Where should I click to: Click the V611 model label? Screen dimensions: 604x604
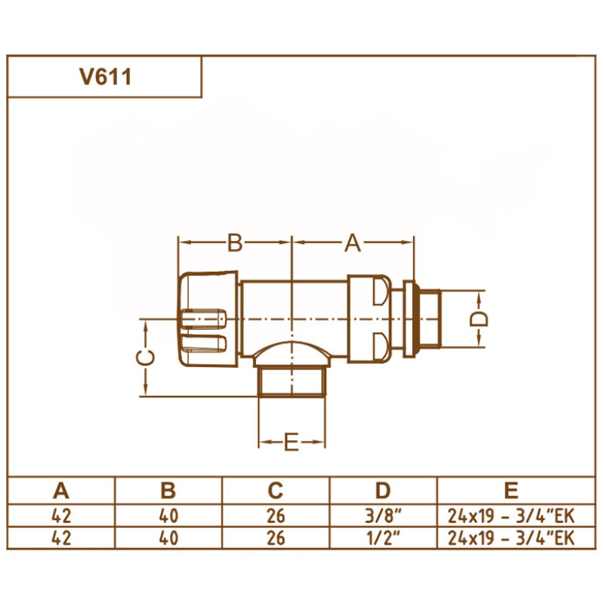(x=104, y=77)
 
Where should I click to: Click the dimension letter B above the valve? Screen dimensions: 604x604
(x=235, y=243)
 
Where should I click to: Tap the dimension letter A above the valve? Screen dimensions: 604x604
(x=353, y=243)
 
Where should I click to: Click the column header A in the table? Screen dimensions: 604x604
(x=61, y=491)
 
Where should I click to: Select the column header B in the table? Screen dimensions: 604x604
(x=168, y=491)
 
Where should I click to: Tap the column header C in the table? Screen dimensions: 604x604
(x=276, y=491)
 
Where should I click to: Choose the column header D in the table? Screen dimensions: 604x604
(x=384, y=491)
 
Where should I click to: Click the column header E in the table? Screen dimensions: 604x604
(x=511, y=491)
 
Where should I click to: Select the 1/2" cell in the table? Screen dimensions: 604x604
(x=384, y=538)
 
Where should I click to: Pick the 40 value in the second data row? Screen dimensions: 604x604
(x=168, y=538)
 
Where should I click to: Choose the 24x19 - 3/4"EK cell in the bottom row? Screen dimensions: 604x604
(x=511, y=538)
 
